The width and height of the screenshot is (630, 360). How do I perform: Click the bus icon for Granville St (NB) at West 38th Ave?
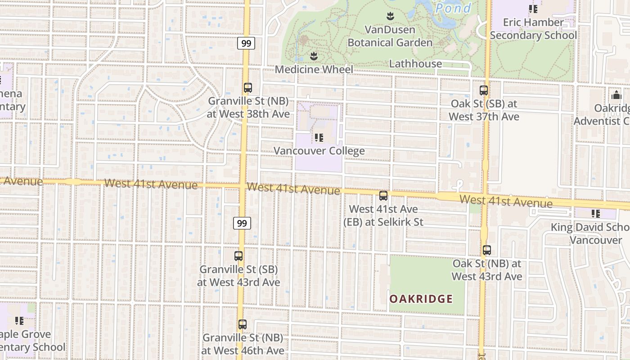248,88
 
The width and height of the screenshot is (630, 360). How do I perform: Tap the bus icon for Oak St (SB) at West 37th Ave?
484,90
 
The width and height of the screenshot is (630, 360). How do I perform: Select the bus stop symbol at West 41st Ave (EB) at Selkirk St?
383,196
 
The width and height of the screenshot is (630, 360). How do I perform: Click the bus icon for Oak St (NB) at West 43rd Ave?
486,250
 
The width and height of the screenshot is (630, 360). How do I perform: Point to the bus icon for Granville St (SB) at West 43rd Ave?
238,256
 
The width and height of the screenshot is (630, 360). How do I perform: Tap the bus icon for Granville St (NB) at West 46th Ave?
243,324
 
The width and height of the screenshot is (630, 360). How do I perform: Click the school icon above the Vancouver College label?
319,137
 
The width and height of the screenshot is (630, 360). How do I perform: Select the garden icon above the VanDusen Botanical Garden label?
390,17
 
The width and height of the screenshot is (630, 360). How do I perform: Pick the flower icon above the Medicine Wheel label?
314,56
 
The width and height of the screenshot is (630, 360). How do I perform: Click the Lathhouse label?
415,63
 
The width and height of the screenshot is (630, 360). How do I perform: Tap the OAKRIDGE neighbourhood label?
421,299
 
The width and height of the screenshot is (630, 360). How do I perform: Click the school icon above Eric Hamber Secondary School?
533,9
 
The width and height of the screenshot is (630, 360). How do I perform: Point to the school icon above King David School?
596,214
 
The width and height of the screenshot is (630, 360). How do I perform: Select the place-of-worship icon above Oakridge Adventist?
616,95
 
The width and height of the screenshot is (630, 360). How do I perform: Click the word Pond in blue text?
454,8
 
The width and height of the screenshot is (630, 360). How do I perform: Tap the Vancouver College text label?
319,151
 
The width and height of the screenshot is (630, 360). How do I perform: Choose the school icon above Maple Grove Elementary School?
19,321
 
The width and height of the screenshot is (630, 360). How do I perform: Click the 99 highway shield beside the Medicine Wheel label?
246,43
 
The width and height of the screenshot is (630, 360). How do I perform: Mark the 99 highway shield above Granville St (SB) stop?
242,223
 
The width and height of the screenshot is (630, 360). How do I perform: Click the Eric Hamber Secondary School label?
533,29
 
